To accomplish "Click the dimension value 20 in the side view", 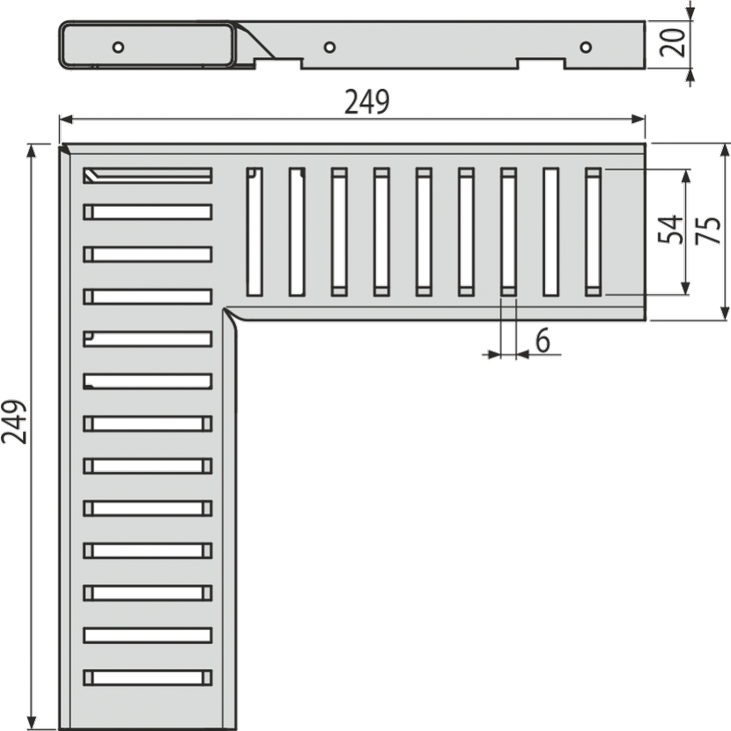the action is [673, 42].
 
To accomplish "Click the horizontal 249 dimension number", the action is [367, 102].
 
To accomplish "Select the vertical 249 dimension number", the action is [13, 422].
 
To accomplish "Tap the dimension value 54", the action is [670, 230].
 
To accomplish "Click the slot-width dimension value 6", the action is [543, 341].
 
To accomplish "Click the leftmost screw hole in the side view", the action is [118, 47].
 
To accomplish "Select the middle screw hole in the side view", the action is [329, 47].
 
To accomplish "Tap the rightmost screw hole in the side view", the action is [586, 47].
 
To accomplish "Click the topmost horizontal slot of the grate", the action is [148, 175].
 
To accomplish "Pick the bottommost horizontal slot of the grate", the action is [148, 677].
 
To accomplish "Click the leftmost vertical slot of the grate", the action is [255, 232].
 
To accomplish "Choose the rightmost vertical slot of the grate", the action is [593, 232].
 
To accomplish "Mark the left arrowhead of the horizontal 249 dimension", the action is [66, 120].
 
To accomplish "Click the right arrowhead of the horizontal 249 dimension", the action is [639, 120].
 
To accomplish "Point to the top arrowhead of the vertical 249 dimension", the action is [31, 151].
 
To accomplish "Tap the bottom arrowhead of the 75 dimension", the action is [725, 314].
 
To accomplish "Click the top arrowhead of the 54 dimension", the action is [685, 176].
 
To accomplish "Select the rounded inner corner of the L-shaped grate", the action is [232, 314].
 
